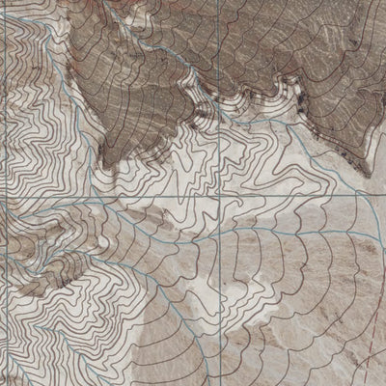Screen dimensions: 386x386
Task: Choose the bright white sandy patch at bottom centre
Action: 207,357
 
